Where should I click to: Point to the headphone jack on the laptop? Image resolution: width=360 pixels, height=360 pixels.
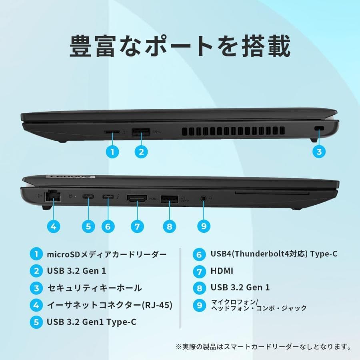[204, 197]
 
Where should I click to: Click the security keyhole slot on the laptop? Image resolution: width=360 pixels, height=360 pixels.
[319, 128]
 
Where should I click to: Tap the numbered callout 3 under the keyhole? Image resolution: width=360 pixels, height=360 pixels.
[319, 151]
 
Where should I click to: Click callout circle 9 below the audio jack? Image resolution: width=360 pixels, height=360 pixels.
[204, 226]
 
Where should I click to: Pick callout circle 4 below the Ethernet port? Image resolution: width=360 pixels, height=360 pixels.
[53, 226]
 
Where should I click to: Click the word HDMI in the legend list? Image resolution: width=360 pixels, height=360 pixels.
[222, 271]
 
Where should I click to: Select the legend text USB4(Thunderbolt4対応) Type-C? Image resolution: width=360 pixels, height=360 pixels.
[274, 254]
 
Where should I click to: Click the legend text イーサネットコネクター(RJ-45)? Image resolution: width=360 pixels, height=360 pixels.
[110, 305]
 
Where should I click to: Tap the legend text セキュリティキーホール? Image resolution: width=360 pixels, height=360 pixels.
[94, 288]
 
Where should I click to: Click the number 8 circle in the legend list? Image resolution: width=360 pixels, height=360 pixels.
[199, 288]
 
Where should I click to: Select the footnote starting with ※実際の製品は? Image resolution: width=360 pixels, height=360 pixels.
[263, 346]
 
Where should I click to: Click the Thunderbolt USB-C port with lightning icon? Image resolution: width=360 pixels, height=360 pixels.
[108, 197]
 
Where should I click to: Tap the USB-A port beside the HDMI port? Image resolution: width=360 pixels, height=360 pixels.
[170, 198]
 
